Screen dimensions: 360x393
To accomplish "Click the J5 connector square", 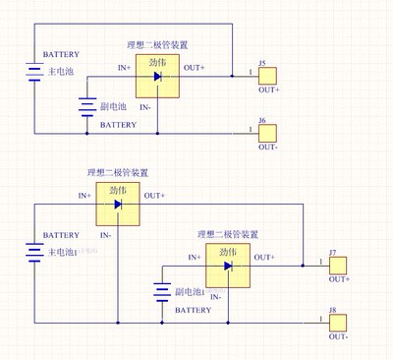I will point(268,75).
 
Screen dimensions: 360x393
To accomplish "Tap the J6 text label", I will point(262,120).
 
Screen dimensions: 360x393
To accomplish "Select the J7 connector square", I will point(339,266).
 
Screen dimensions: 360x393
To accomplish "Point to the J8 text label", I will point(333,311).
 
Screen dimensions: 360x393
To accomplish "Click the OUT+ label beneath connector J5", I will point(268,90).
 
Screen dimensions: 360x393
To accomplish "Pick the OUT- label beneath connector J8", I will point(339,336).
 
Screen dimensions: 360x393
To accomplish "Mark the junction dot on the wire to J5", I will point(232,75).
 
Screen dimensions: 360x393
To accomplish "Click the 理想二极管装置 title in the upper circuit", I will point(158,44).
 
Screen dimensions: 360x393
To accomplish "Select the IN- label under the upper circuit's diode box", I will point(144,105).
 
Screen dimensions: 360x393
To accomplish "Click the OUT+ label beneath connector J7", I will point(339,280).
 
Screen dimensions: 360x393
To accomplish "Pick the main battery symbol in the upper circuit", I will point(35,75).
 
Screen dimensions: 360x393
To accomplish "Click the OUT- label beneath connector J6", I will point(268,147).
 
